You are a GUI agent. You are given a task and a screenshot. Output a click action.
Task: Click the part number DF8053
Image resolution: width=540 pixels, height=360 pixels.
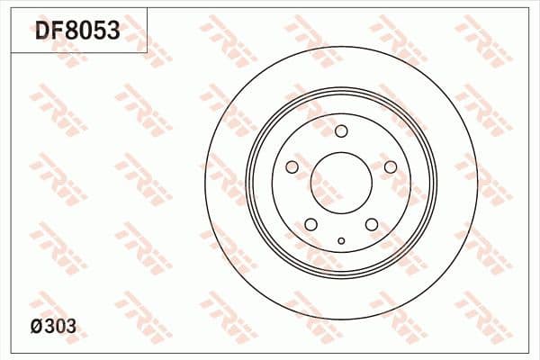pyautogui.click(x=76, y=32)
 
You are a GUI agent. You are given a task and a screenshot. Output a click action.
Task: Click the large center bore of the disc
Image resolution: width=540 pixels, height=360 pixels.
pyautogui.click(x=341, y=180)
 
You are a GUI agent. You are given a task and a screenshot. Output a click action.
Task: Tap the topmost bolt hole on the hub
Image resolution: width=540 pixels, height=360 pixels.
pyautogui.click(x=341, y=131)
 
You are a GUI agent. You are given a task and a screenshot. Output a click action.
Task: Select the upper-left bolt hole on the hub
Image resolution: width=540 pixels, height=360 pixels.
pyautogui.click(x=292, y=166)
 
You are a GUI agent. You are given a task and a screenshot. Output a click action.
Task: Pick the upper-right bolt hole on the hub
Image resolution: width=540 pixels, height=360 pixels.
pyautogui.click(x=390, y=166)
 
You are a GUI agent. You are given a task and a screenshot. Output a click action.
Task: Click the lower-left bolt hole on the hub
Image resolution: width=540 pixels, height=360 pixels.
pyautogui.click(x=310, y=224)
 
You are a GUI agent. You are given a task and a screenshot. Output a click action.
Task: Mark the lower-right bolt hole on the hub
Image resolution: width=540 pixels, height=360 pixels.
pyautogui.click(x=371, y=224)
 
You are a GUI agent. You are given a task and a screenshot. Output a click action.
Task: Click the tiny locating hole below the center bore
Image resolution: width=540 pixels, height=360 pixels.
pyautogui.click(x=341, y=240)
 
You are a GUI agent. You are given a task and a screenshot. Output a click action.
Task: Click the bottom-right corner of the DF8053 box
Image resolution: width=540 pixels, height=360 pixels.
pyautogui.click(x=148, y=52)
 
